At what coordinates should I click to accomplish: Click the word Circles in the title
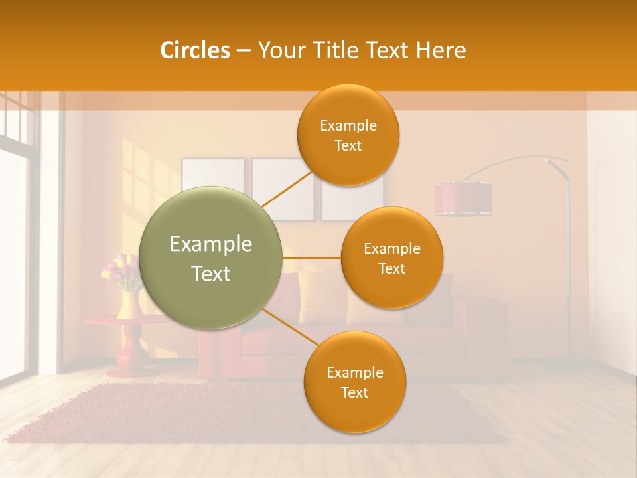point(194,50)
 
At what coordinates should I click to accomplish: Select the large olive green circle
point(211,258)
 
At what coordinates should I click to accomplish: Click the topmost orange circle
point(348,135)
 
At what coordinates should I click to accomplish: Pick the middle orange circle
point(391,258)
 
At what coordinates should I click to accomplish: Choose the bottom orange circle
point(354,382)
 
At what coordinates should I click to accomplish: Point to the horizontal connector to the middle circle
point(311,258)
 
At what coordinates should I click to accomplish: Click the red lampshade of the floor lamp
point(464,199)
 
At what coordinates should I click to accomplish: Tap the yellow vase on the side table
point(128,305)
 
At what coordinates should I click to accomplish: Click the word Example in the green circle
point(211,244)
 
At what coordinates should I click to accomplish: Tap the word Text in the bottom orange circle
point(354,392)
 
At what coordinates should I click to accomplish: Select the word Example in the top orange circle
point(348,125)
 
